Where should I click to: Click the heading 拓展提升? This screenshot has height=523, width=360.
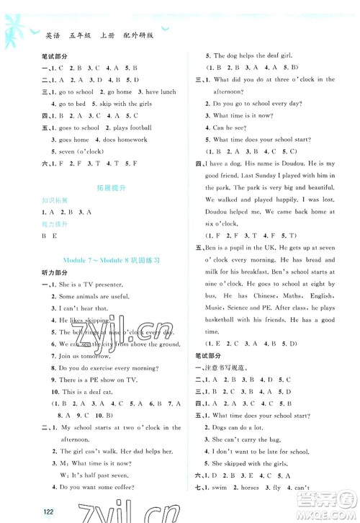click(98, 188)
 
